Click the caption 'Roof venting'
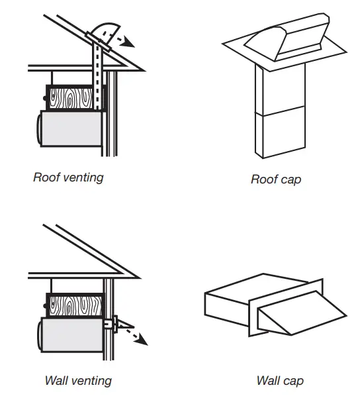68,178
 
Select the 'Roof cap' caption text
275,179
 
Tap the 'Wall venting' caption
77,380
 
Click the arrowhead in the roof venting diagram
130,43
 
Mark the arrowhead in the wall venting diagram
142,342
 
